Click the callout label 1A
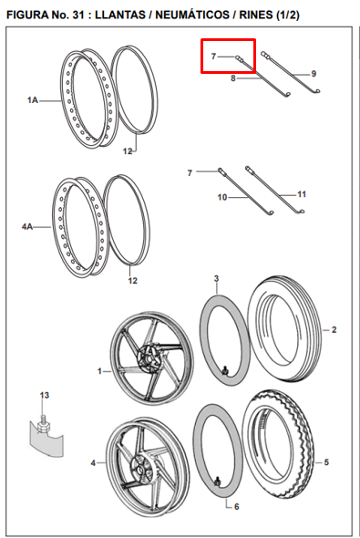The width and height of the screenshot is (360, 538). pyautogui.click(x=33, y=100)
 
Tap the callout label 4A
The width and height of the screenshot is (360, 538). pyautogui.click(x=27, y=226)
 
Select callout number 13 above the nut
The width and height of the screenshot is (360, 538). pyautogui.click(x=45, y=395)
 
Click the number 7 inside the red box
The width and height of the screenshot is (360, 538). pyautogui.click(x=213, y=56)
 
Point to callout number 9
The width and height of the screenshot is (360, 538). pyautogui.click(x=314, y=74)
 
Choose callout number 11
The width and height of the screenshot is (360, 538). pyautogui.click(x=302, y=194)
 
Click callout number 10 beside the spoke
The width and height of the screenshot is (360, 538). pyautogui.click(x=222, y=197)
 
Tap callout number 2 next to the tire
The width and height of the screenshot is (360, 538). pyautogui.click(x=334, y=330)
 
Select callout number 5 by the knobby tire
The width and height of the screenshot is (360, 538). pyautogui.click(x=326, y=462)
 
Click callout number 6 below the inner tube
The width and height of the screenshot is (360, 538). pyautogui.click(x=237, y=506)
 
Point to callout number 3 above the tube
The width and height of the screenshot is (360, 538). pyautogui.click(x=216, y=279)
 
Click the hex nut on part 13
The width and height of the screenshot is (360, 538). pyautogui.click(x=43, y=427)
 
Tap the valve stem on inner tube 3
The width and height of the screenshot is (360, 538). pyautogui.click(x=225, y=370)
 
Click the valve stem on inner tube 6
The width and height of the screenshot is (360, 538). pyautogui.click(x=217, y=481)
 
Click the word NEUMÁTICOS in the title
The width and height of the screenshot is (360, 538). pyautogui.click(x=192, y=15)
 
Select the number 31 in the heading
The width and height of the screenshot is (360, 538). pyautogui.click(x=78, y=15)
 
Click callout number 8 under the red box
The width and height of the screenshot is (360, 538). pyautogui.click(x=233, y=78)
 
